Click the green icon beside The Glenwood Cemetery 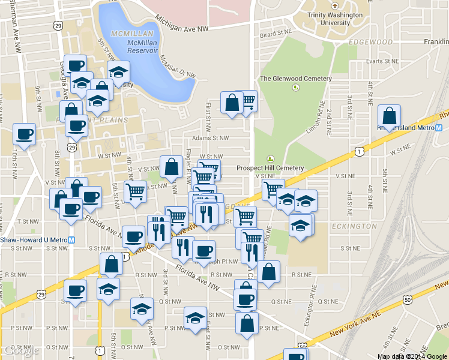(x=295, y=88)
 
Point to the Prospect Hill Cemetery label (x=271, y=168)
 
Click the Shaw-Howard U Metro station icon (x=72, y=239)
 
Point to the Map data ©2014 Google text (x=412, y=356)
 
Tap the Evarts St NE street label (x=383, y=61)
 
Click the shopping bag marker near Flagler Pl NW (x=171, y=167)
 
